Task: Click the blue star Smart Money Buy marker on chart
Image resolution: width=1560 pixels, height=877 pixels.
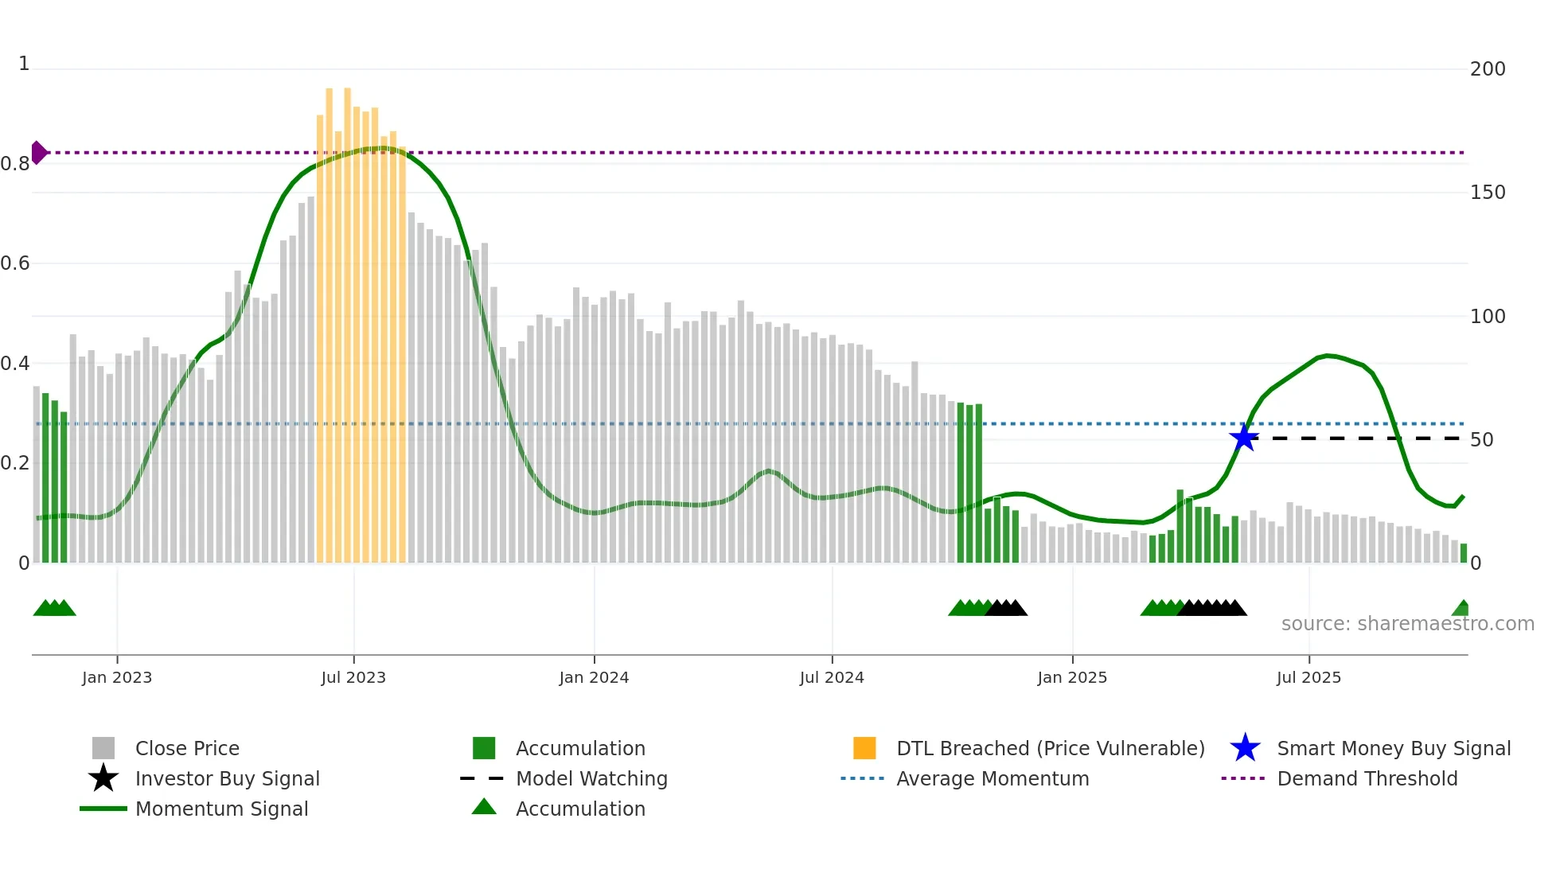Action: click(x=1244, y=438)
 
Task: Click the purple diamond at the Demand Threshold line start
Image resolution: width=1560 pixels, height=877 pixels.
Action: click(x=38, y=152)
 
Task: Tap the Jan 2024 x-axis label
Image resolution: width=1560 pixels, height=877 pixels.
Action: click(x=594, y=677)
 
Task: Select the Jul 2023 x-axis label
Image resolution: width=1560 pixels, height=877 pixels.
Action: click(x=353, y=677)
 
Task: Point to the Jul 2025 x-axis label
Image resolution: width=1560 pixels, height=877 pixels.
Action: click(x=1308, y=677)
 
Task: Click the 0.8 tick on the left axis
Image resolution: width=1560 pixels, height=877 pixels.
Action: click(x=15, y=164)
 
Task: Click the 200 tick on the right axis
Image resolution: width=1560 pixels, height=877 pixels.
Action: click(x=1487, y=69)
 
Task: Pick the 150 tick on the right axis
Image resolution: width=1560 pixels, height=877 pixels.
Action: click(x=1487, y=193)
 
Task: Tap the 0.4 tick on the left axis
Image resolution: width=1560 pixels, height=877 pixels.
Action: click(x=15, y=364)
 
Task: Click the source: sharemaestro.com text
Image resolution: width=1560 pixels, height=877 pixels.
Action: click(x=1407, y=624)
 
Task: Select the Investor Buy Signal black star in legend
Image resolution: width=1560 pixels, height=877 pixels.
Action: click(x=103, y=778)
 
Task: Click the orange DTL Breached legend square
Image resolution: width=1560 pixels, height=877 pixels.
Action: click(x=864, y=748)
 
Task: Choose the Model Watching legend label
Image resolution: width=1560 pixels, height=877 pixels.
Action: click(x=591, y=778)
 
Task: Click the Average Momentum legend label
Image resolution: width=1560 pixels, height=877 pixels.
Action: click(x=993, y=778)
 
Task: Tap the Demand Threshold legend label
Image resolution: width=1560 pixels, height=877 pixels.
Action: click(x=1367, y=778)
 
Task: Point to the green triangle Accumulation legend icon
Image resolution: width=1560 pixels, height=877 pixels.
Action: click(x=484, y=807)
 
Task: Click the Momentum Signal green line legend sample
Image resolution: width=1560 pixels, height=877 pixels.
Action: click(x=103, y=809)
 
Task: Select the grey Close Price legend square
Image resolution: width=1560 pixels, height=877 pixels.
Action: click(x=103, y=748)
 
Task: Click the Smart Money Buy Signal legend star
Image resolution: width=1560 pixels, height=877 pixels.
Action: click(x=1245, y=748)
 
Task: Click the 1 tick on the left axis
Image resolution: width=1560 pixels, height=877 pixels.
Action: click(x=24, y=64)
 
